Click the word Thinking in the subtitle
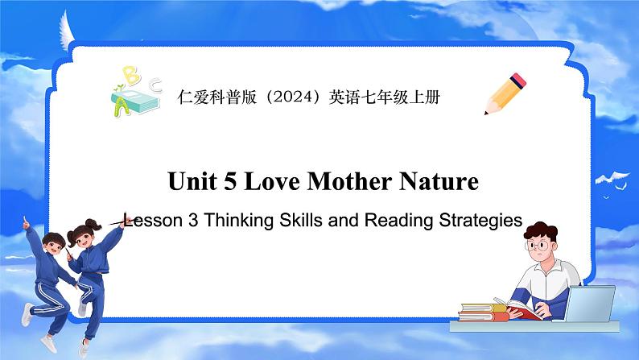[237, 220]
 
